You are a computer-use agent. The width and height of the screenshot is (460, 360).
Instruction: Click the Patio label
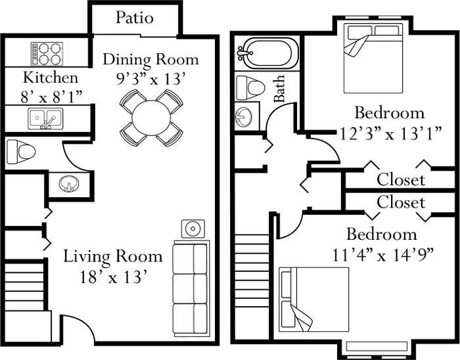click(x=135, y=17)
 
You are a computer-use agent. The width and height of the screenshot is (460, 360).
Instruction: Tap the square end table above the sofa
click(x=193, y=229)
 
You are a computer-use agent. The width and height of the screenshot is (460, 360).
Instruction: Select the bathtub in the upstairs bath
click(x=267, y=52)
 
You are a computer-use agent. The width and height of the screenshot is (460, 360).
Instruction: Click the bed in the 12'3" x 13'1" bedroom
click(x=371, y=49)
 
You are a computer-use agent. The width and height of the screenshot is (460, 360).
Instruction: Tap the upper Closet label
click(x=401, y=179)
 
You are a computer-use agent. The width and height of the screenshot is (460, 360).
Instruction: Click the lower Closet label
click(x=401, y=202)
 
